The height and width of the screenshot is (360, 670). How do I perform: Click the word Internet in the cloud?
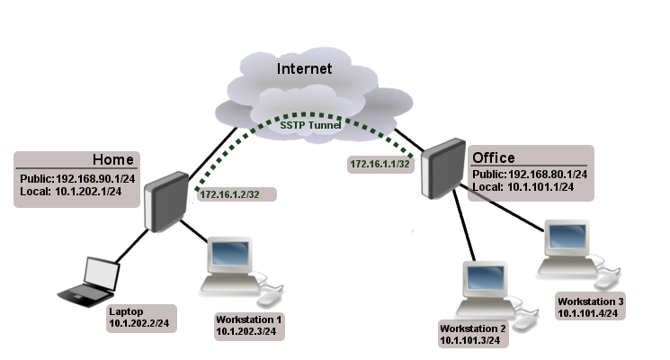(304, 68)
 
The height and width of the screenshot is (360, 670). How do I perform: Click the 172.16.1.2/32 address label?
(233, 194)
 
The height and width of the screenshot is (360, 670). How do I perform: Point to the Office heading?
(494, 157)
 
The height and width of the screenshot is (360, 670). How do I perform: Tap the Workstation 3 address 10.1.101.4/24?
(589, 312)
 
